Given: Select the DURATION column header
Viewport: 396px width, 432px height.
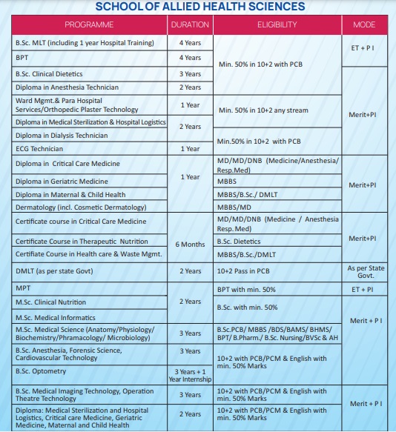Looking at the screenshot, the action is tap(190, 24).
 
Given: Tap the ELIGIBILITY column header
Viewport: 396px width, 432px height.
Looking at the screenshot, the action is tap(277, 24).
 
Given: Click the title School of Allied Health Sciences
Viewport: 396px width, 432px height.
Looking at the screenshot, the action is tap(200, 7).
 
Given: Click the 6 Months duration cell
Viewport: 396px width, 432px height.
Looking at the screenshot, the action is tap(190, 244).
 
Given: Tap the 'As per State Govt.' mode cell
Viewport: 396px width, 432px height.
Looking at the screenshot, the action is tap(366, 270).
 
